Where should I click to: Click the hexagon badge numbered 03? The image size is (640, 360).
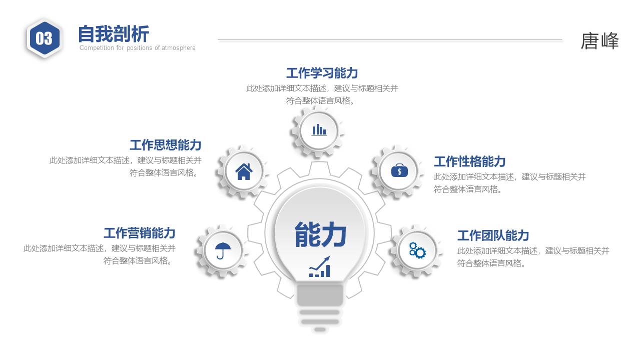point(44,38)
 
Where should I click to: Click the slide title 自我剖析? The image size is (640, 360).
point(114,34)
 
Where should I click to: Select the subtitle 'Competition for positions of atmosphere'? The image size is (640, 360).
point(137,48)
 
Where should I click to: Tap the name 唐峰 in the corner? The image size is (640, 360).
point(599,41)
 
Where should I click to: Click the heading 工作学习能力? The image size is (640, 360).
point(322,73)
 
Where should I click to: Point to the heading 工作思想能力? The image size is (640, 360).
point(165,145)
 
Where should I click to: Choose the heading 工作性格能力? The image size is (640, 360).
point(469,161)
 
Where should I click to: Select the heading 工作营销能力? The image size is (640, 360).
point(139,233)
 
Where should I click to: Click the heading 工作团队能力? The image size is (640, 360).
point(493,235)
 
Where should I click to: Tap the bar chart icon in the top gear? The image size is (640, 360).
point(319,130)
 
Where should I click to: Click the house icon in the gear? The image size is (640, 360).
point(244,171)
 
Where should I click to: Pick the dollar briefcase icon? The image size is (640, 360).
point(399,171)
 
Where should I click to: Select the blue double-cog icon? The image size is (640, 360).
point(417,250)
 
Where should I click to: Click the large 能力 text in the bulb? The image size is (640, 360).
point(320,234)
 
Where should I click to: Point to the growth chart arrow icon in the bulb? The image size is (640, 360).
point(320,267)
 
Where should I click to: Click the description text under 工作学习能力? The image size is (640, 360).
point(322,94)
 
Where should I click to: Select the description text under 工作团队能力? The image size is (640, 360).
point(533,257)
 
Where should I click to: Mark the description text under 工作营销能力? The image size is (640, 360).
point(100,254)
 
